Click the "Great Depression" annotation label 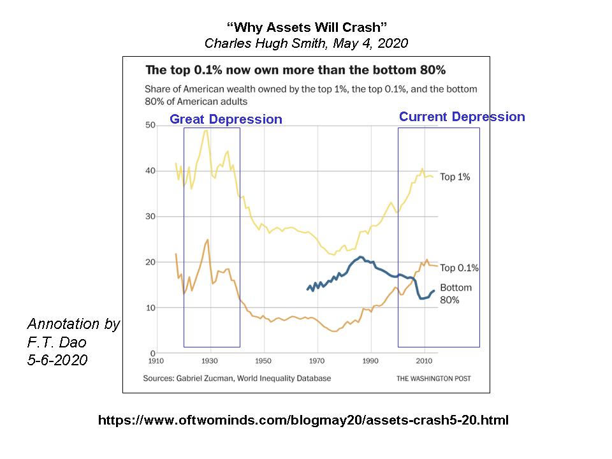tap(226, 119)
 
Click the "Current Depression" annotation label tap(462, 117)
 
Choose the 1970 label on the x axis tap(317, 360)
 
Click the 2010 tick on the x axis tap(424, 360)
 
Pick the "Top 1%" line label tap(455, 177)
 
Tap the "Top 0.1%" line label tap(459, 268)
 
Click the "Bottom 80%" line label tap(455, 293)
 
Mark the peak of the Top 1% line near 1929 tap(206, 131)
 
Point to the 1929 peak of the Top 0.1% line tap(207, 240)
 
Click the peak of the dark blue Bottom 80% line tap(361, 257)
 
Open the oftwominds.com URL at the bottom tap(303, 421)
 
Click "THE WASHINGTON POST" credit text tap(433, 379)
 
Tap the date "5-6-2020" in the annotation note tap(57, 360)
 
